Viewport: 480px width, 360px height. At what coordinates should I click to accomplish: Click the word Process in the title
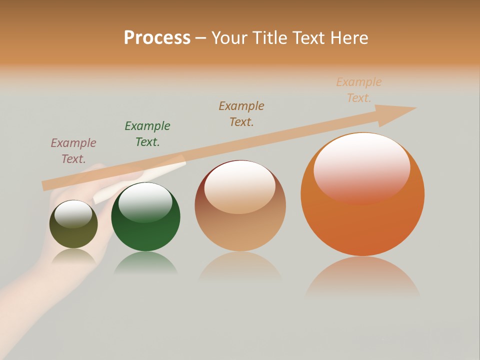click(x=157, y=38)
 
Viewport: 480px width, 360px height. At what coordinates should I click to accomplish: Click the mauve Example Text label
click(x=73, y=151)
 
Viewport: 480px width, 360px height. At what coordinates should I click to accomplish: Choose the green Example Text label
click(x=147, y=134)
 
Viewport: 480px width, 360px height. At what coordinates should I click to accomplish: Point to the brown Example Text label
click(x=241, y=113)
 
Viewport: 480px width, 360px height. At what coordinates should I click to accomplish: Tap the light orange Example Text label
click(x=359, y=90)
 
